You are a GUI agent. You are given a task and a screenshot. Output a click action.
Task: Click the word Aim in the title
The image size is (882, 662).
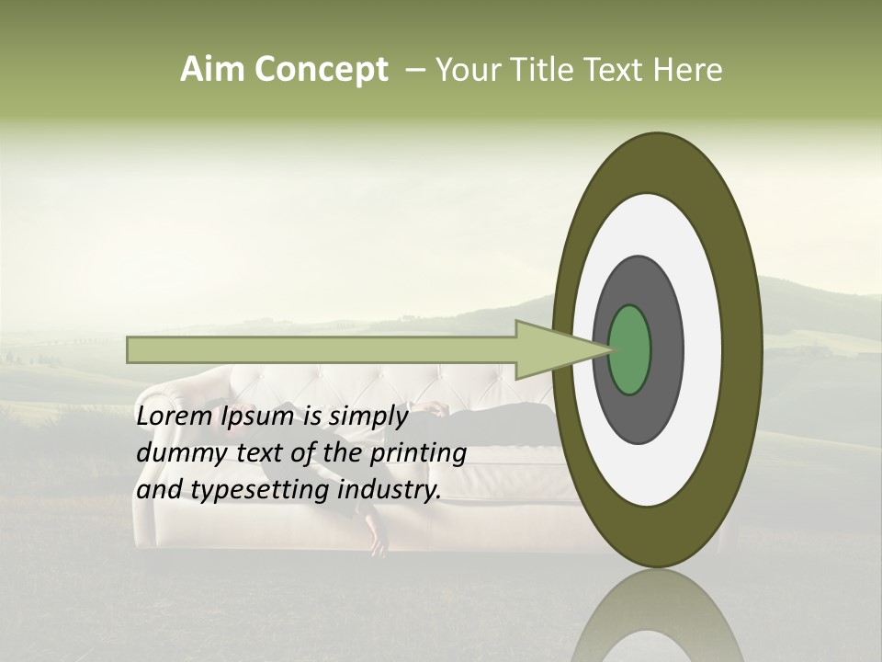(x=210, y=70)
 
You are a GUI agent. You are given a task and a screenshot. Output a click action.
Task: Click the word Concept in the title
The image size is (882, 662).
(x=320, y=71)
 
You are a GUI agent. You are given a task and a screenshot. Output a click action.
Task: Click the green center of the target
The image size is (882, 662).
(x=630, y=349)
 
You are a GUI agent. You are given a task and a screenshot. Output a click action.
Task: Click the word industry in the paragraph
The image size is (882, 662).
(x=390, y=490)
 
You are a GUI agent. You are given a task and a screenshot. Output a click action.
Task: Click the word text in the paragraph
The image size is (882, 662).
(x=255, y=453)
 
